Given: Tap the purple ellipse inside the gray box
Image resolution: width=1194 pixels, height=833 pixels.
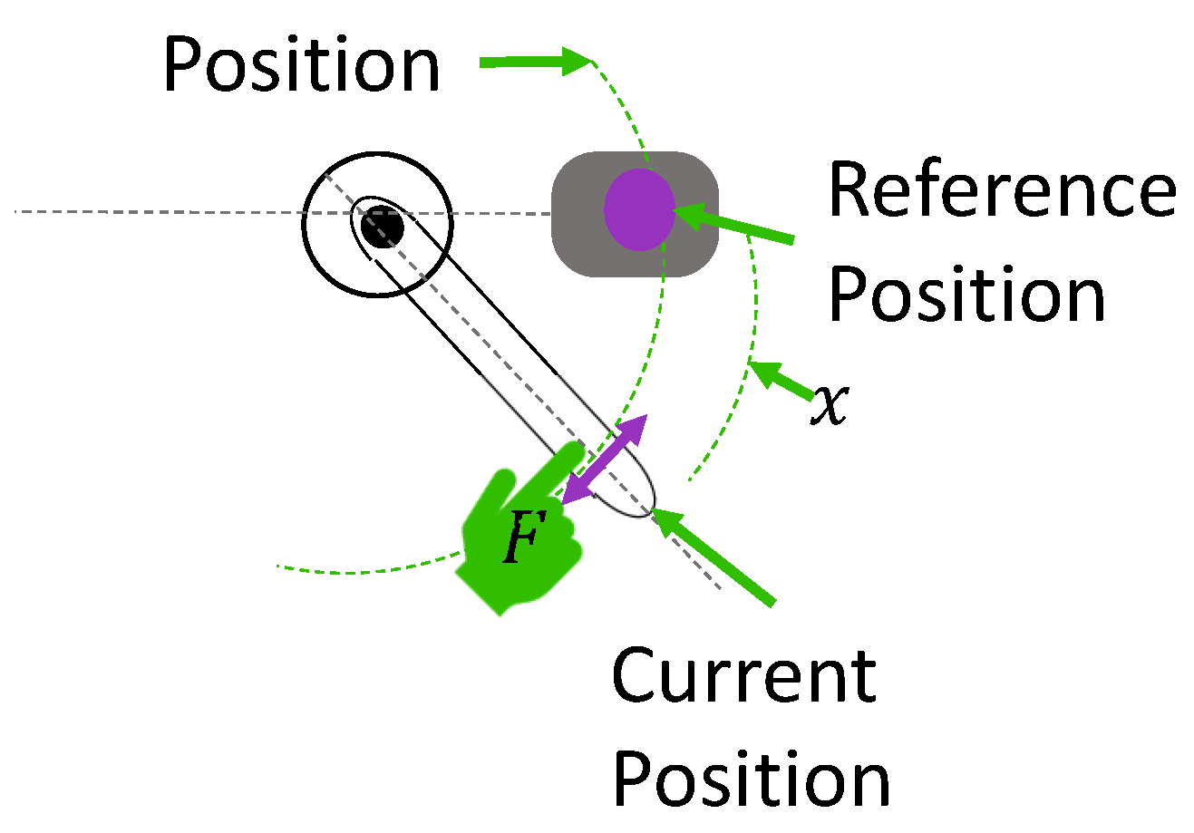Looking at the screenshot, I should point(640,209).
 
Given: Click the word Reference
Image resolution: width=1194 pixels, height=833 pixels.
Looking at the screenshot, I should point(1001,191).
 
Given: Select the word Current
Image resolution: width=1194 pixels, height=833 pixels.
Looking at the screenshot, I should point(743,676).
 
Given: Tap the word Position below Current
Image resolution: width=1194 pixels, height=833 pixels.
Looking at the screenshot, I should point(752,780).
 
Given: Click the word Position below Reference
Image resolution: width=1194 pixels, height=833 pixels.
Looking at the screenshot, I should point(966,295).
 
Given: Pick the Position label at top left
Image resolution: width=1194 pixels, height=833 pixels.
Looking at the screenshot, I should point(301,65).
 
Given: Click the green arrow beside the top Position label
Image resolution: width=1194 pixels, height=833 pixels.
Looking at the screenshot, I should point(535,62).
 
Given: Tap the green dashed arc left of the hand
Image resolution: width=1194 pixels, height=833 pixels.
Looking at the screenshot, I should point(363,569).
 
